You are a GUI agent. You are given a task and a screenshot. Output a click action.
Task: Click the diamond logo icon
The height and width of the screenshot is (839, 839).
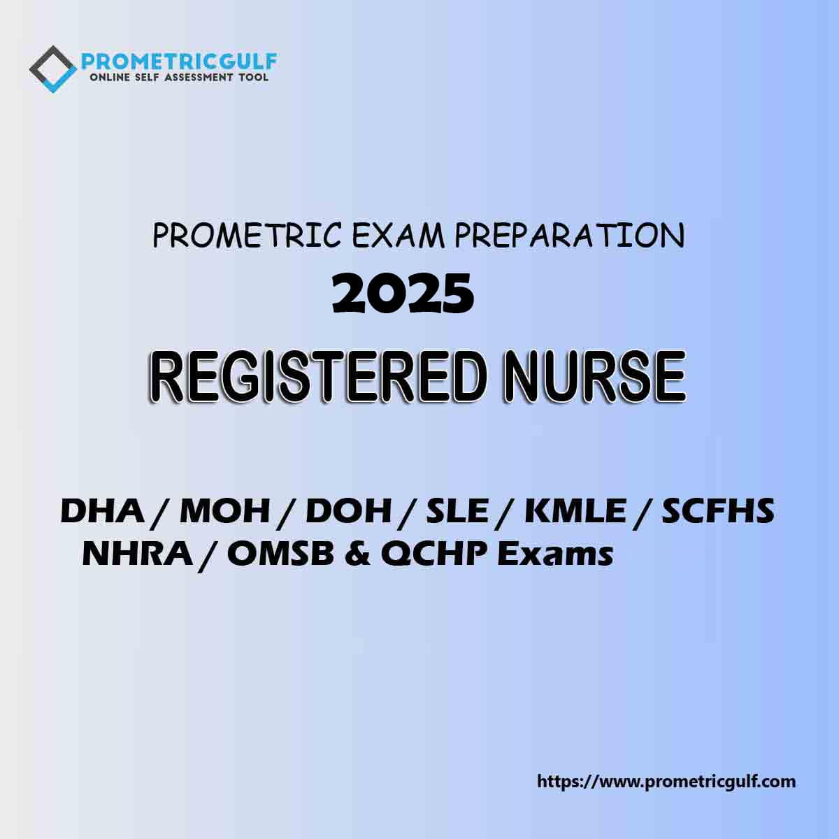(x=52, y=68)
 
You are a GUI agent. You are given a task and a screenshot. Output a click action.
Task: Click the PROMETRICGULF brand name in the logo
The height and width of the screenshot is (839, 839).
(x=179, y=62)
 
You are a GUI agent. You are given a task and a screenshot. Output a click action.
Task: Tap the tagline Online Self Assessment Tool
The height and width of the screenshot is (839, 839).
(x=179, y=78)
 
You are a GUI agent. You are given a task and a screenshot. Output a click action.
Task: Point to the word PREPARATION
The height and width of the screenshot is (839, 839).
(x=570, y=236)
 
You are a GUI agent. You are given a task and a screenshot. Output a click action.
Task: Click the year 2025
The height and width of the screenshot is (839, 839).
(x=403, y=294)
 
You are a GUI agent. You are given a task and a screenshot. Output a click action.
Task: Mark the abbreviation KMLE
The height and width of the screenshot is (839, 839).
(x=575, y=512)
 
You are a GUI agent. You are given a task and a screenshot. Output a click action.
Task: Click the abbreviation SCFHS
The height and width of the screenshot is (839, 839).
(x=718, y=512)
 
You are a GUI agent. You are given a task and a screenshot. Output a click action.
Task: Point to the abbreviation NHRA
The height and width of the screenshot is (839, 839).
(x=137, y=554)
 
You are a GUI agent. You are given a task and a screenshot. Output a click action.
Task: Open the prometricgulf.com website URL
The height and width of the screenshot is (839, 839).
(x=666, y=781)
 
